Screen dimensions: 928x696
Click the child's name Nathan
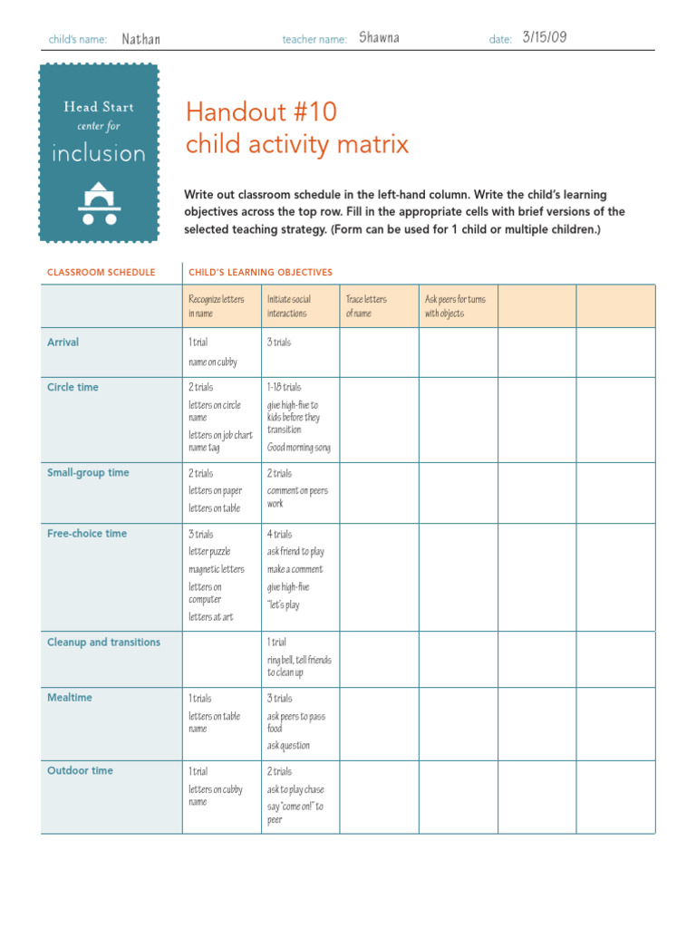pyautogui.click(x=140, y=39)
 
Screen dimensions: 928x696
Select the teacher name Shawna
pyautogui.click(x=379, y=38)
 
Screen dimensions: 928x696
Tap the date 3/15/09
pyautogui.click(x=545, y=37)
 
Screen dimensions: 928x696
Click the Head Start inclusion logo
pyautogui.click(x=99, y=152)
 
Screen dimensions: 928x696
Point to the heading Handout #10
pyautogui.click(x=261, y=112)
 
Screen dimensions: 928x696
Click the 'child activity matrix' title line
pyautogui.click(x=297, y=144)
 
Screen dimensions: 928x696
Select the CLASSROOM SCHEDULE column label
pyautogui.click(x=101, y=272)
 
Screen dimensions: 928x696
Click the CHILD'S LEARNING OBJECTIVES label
pyautogui.click(x=260, y=272)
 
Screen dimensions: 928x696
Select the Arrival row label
pyautogui.click(x=63, y=343)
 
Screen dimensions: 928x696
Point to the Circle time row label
pyautogui.click(x=72, y=387)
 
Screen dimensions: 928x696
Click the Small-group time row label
pyautogui.click(x=88, y=472)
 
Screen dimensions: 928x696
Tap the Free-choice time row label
pyautogui.click(x=87, y=534)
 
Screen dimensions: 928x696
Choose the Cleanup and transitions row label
pyautogui.click(x=103, y=643)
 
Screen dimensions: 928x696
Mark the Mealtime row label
pyautogui.click(x=70, y=698)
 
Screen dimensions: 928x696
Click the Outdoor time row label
pyautogui.click(x=80, y=770)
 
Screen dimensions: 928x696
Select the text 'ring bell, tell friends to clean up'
pyautogui.click(x=299, y=666)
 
